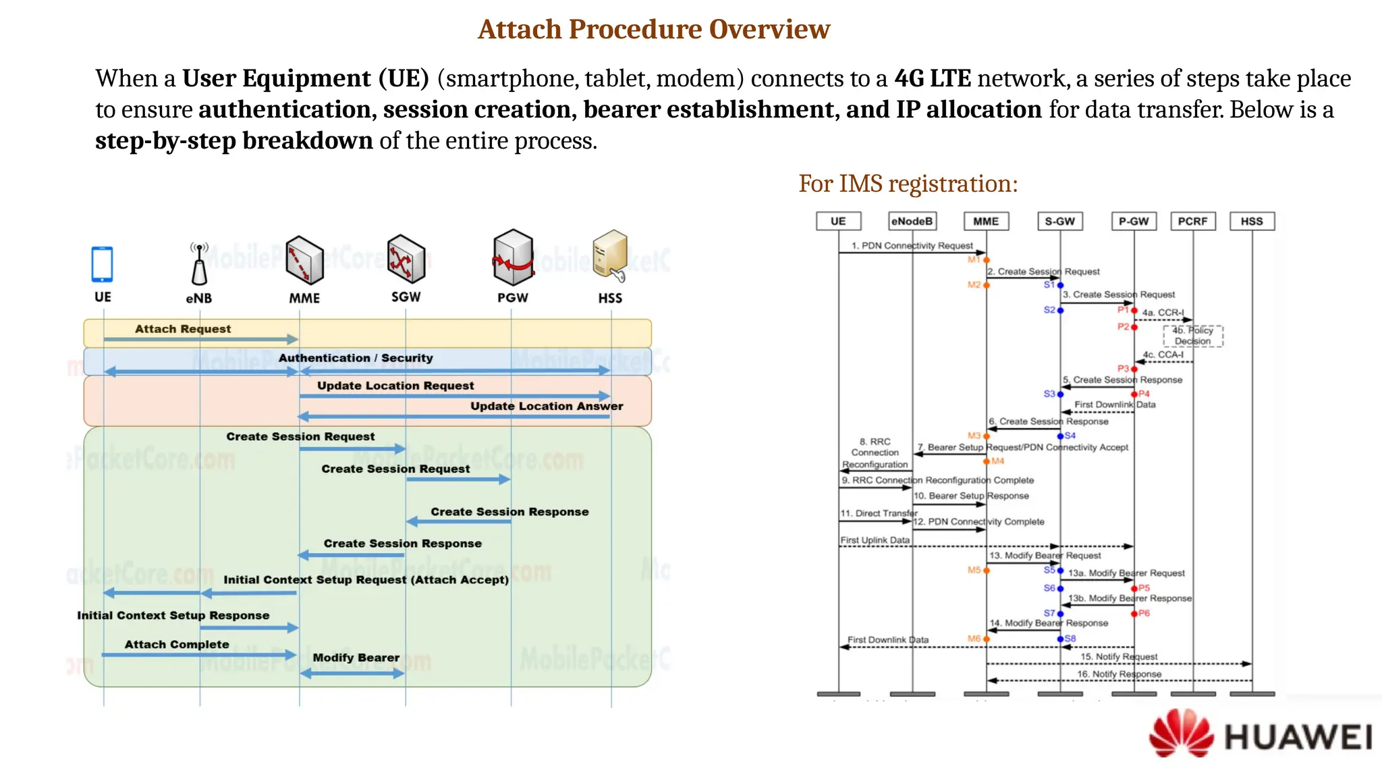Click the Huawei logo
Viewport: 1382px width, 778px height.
click(x=1261, y=734)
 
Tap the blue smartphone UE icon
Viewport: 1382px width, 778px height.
click(x=102, y=264)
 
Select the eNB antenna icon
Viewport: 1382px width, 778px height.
click(x=199, y=265)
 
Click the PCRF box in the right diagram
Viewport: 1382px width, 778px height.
click(x=1192, y=221)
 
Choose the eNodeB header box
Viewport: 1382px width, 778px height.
click(x=912, y=221)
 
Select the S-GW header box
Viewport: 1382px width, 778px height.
click(x=1059, y=221)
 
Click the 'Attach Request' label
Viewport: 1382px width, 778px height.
click(x=183, y=329)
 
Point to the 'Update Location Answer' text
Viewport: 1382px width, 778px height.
click(x=547, y=406)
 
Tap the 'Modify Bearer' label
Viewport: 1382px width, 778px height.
click(x=356, y=658)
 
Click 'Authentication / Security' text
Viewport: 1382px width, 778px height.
click(x=356, y=358)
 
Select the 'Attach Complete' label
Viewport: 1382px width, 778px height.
click(x=177, y=644)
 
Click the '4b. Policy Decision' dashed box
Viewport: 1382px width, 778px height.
click(x=1192, y=336)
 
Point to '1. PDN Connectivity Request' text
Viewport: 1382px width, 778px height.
click(x=912, y=246)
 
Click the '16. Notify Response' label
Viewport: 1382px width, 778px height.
click(x=1119, y=674)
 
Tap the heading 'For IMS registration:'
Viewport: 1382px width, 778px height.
click(x=908, y=184)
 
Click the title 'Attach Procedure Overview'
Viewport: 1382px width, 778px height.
click(x=653, y=29)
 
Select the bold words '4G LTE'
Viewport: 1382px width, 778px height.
click(x=933, y=78)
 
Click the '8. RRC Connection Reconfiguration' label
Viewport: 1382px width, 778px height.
click(x=875, y=452)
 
